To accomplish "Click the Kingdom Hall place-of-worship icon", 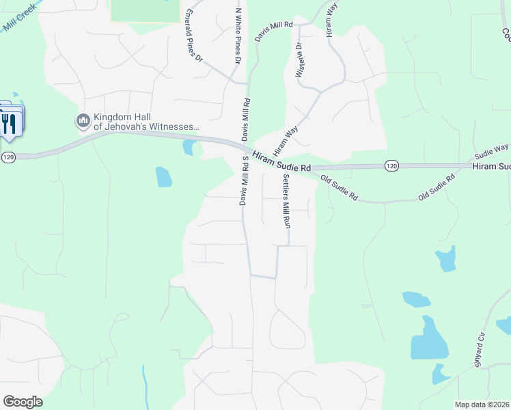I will [83, 121].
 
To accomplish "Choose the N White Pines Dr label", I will [238, 36].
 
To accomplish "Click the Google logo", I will [23, 402].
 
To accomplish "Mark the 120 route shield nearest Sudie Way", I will [391, 165].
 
